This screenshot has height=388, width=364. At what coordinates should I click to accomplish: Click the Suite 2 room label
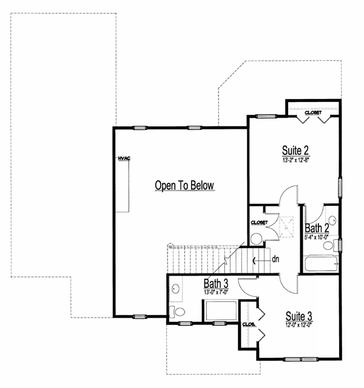pos(296,150)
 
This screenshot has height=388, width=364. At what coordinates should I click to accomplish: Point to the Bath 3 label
pos(217,284)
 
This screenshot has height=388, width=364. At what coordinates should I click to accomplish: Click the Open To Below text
pos(185,186)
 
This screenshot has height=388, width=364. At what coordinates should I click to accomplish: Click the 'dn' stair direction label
pos(275,259)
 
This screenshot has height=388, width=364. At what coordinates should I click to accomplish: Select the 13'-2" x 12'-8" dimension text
pos(296,160)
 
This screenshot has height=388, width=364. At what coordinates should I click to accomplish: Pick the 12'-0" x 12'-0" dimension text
pos(298,325)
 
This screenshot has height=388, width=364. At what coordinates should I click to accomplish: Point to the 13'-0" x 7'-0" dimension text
pos(217,292)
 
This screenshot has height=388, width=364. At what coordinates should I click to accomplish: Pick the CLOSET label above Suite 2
pos(313,112)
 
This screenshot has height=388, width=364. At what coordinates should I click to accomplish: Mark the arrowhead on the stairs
pos(252,260)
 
